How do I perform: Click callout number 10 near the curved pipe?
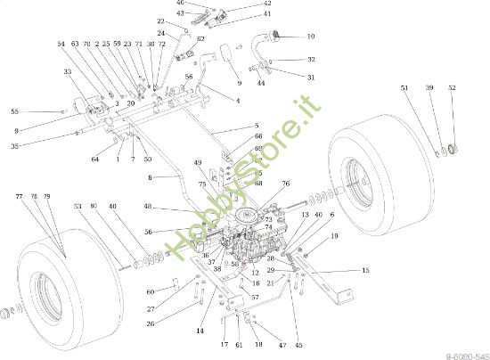[x=310, y=37]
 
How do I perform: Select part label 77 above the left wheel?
[x=19, y=195]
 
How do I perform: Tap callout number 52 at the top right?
[x=452, y=88]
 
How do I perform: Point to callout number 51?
[x=404, y=88]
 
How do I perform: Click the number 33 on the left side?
[x=68, y=71]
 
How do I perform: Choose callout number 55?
[x=14, y=111]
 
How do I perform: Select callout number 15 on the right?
[x=364, y=270]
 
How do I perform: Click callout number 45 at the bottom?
[x=298, y=345]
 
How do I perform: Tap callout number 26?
[x=151, y=323]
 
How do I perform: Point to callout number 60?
[x=151, y=291]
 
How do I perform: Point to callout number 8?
[x=151, y=178]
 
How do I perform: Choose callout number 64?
[x=94, y=160]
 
